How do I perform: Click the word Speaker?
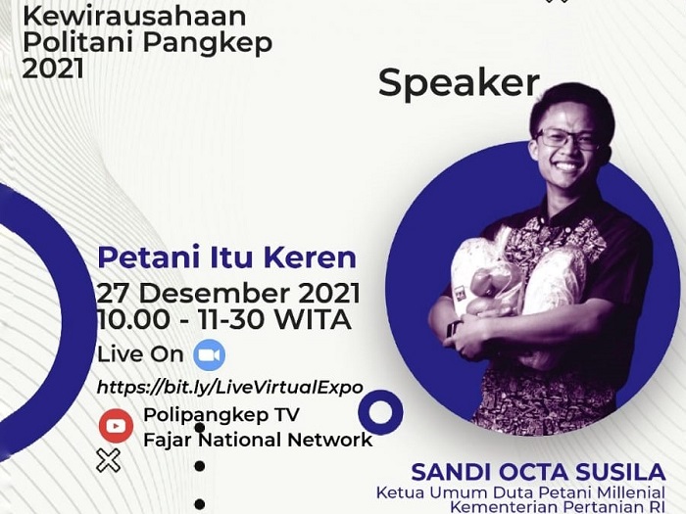coord(459,83)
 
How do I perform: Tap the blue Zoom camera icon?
coord(210,354)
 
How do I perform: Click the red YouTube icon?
coord(116,426)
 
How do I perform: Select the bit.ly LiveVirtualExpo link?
coord(229,388)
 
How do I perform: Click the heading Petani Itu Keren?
coord(227,257)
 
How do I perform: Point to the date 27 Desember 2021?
coord(228,293)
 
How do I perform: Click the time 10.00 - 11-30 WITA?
coord(224,319)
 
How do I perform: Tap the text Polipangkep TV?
coord(221,415)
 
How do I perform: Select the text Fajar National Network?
coord(258,440)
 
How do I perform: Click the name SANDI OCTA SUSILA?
coord(538,473)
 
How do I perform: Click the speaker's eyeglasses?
coord(568,139)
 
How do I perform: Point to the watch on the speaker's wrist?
coord(453,328)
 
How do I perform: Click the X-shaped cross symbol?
coord(109,460)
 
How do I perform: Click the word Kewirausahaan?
coord(134,17)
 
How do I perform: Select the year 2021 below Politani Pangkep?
coord(53,69)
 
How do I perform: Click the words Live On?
coord(140,354)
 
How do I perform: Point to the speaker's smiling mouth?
coord(566,166)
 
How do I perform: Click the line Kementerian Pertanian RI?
coord(558,508)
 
